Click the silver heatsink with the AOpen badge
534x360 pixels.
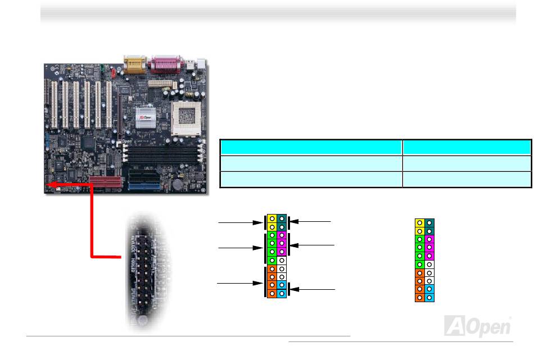(144, 117)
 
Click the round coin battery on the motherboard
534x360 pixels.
(178, 183)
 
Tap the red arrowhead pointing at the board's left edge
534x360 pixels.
(49, 185)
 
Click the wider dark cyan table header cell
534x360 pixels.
(311, 148)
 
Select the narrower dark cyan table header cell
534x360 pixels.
(467, 148)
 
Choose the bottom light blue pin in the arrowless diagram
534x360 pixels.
(429, 296)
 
